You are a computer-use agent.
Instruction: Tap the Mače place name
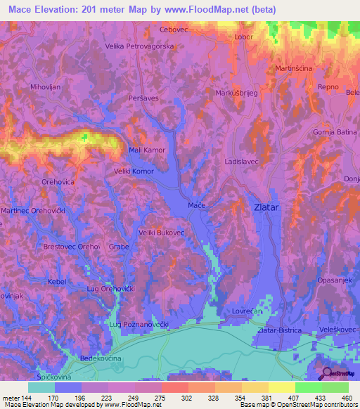(x=196, y=205)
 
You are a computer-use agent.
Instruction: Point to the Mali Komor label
(x=146, y=150)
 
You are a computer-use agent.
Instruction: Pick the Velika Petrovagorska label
(x=139, y=46)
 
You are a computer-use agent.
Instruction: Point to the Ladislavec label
(x=241, y=161)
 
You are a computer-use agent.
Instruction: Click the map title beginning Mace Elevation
(x=139, y=10)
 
